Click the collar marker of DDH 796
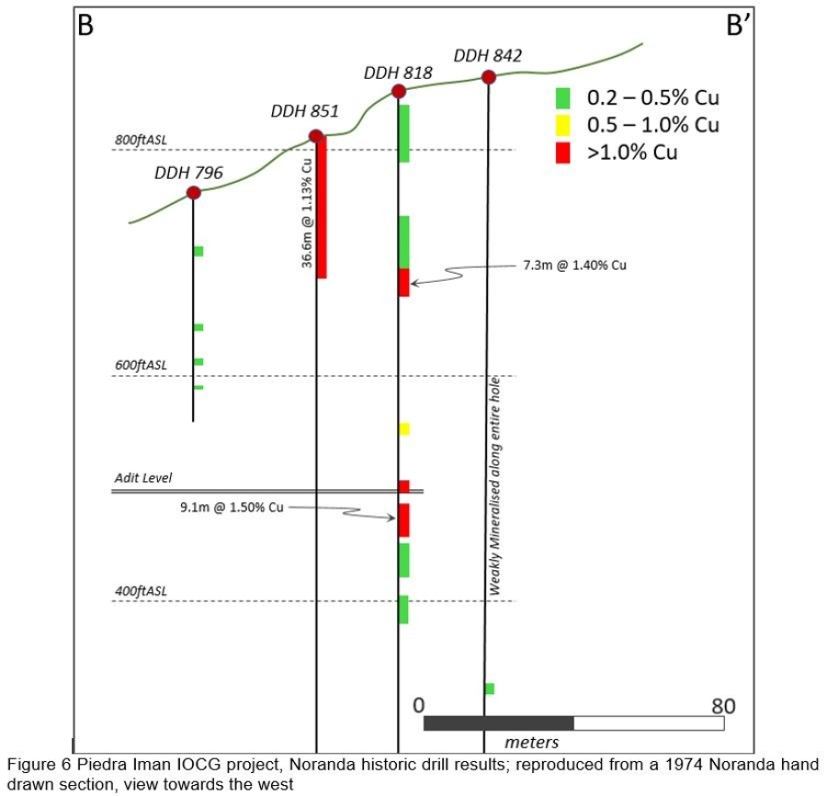pos(193,192)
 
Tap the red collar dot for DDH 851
pos(316,137)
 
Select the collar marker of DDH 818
pos(398,91)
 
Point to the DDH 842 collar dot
pos(488,77)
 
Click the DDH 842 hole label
pos(488,56)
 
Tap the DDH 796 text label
pos(188,172)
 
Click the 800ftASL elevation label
pos(141,140)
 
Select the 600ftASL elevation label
pos(141,365)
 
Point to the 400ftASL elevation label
pos(141,590)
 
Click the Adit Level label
pos(143,478)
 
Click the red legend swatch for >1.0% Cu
pos(563,152)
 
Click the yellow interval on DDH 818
pos(404,429)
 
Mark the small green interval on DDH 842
pos(490,689)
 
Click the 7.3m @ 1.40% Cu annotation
pos(574,264)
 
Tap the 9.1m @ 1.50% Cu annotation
pos(232,506)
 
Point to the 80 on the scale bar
pos(723,706)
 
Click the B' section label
pos(739,26)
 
